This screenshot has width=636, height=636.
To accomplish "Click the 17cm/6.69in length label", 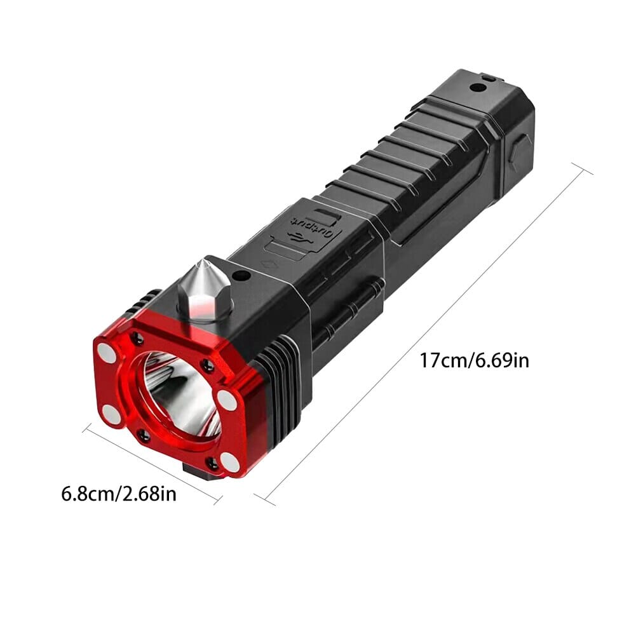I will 474,361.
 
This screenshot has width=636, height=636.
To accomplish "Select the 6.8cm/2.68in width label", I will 119,493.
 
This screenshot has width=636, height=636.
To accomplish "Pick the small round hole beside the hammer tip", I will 241,276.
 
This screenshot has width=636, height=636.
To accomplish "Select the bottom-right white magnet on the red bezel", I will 231,463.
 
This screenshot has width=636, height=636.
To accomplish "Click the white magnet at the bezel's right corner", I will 227,399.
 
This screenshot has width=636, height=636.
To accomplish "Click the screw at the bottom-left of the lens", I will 144,435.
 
